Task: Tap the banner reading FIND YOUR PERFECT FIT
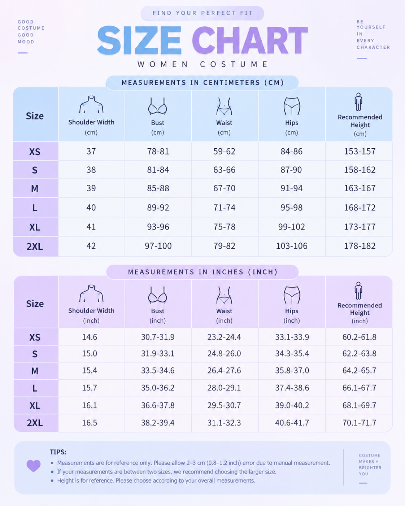(x=202, y=13)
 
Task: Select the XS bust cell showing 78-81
(x=158, y=152)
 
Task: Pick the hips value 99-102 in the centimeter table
(x=291, y=227)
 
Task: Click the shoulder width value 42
(x=91, y=246)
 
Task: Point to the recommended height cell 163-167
(x=360, y=188)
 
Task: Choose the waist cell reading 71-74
(x=224, y=208)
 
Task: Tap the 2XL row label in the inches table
(x=35, y=423)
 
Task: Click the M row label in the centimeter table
(x=35, y=188)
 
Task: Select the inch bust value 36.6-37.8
(x=158, y=405)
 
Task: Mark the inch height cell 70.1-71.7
(x=360, y=423)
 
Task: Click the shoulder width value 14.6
(x=90, y=337)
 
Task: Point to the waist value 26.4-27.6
(x=224, y=371)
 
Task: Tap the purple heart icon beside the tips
(x=34, y=466)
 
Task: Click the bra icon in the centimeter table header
(x=158, y=106)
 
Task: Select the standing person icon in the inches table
(x=358, y=291)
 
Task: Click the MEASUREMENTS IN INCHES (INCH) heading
(x=202, y=272)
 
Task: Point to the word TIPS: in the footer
(x=58, y=452)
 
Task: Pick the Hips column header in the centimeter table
(x=292, y=123)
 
